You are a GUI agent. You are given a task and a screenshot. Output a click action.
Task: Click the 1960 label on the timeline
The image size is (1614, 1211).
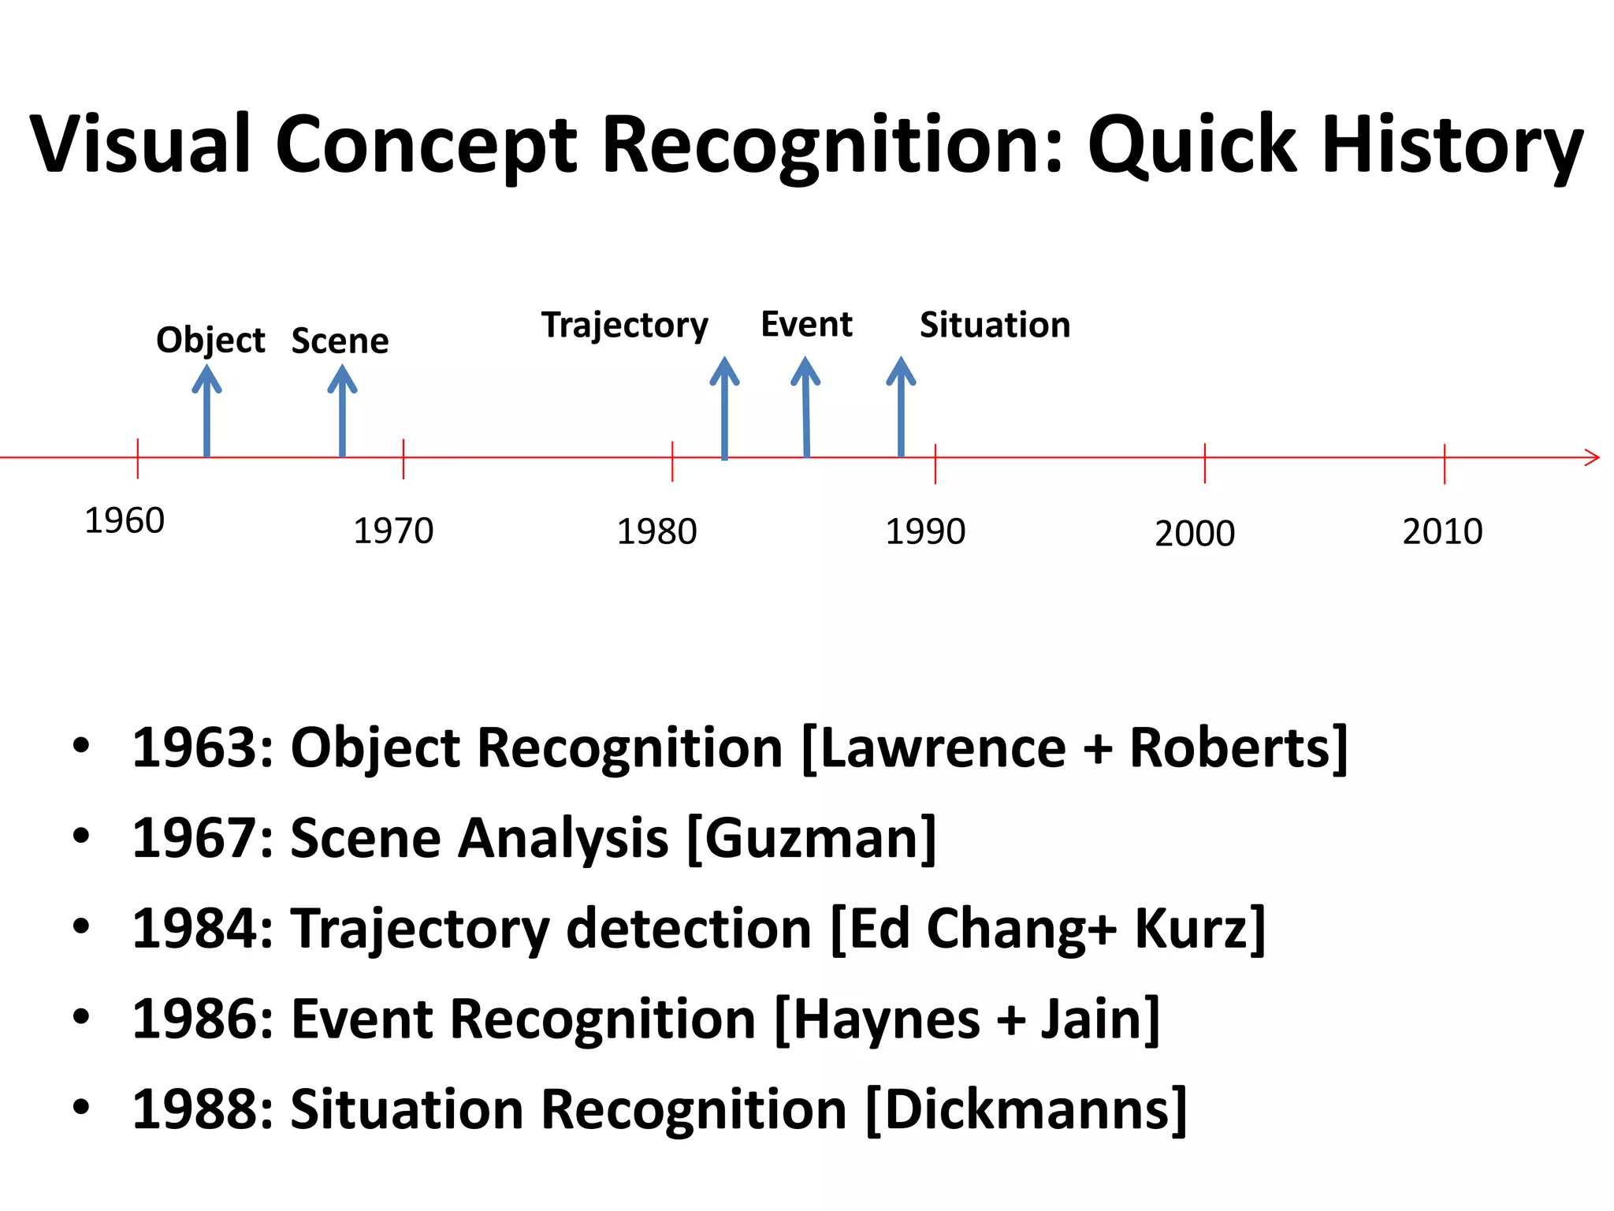coord(124,521)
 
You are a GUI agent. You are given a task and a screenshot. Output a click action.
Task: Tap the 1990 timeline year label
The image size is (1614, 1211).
coord(925,532)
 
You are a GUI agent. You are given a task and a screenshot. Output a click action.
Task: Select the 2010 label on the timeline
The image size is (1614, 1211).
coord(1442,532)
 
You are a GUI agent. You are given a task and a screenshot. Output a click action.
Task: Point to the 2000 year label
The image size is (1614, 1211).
coord(1195,535)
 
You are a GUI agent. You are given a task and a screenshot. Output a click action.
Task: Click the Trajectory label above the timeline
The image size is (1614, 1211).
coord(624,326)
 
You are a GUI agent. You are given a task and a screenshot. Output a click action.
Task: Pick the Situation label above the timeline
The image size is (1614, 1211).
coord(995,326)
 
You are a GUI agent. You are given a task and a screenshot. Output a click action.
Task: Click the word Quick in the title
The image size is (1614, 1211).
coord(1192,146)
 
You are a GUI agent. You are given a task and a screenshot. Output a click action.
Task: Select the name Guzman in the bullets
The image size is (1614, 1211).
coord(812,839)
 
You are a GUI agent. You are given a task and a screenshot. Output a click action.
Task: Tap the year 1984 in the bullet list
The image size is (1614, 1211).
coord(193,929)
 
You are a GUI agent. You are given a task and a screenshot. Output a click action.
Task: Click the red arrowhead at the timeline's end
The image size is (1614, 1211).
coord(1592,457)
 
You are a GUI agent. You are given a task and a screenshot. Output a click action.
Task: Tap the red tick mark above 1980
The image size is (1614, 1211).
coord(672,460)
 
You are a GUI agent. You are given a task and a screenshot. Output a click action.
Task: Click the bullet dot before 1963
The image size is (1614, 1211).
coord(81,746)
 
